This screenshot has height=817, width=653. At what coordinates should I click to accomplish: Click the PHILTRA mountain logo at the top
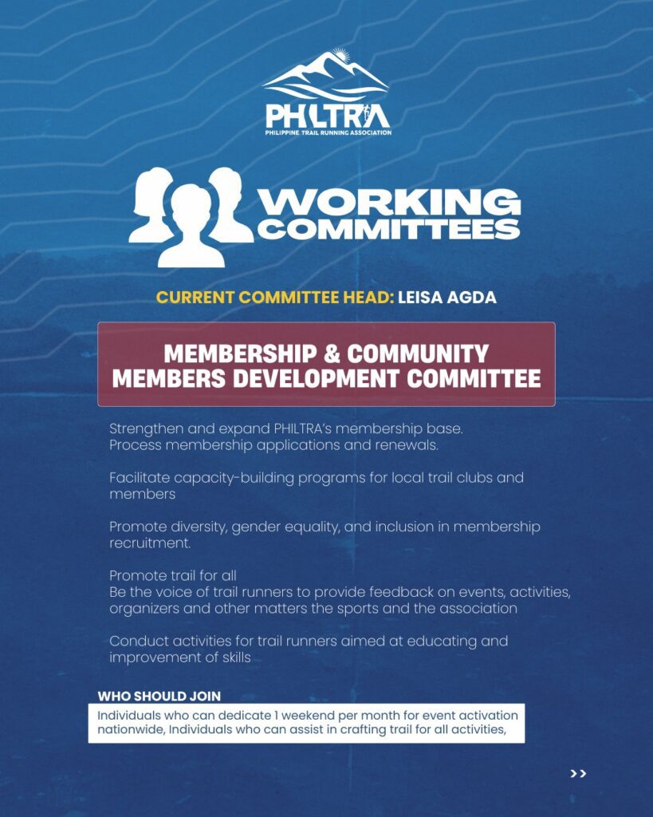click(327, 92)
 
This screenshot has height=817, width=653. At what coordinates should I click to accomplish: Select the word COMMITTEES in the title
click(391, 229)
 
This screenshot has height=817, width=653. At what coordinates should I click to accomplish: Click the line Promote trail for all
click(173, 576)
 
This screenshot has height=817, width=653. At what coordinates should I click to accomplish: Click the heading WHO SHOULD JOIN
click(159, 696)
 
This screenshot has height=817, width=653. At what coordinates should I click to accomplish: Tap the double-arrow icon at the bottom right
click(578, 773)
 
